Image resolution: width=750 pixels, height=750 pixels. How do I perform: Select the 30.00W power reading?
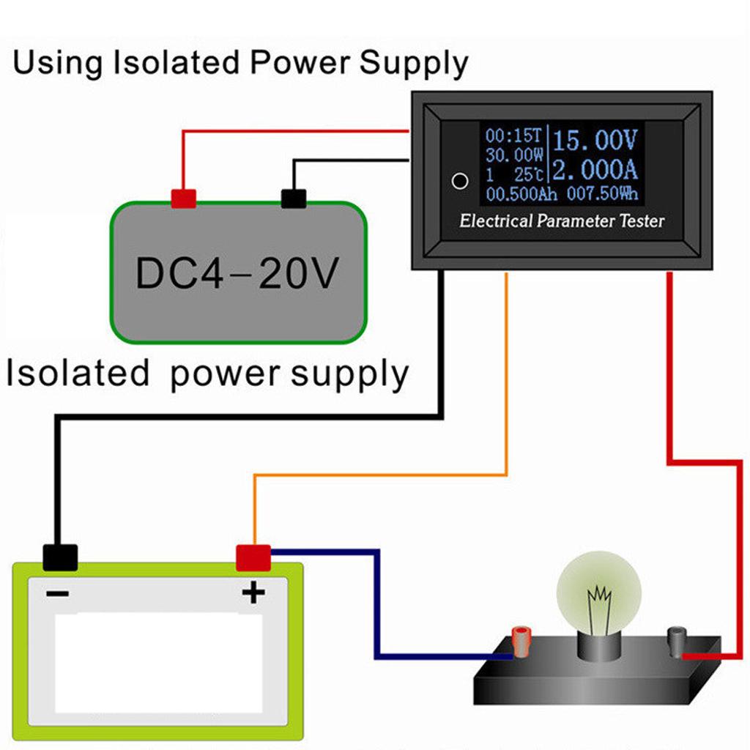pyautogui.click(x=513, y=155)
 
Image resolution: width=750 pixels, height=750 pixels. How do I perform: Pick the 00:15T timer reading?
pyautogui.click(x=513, y=135)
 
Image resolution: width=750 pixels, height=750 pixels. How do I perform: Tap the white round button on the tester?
pyautogui.click(x=460, y=181)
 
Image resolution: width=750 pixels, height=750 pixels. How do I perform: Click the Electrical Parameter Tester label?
pyautogui.click(x=562, y=220)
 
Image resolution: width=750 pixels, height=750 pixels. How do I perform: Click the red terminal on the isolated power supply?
pyautogui.click(x=183, y=198)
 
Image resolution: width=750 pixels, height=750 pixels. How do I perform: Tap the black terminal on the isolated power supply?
pyautogui.click(x=294, y=198)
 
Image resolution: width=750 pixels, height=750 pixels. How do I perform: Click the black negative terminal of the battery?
pyautogui.click(x=60, y=557)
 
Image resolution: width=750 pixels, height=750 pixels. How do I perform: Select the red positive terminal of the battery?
pyautogui.click(x=253, y=557)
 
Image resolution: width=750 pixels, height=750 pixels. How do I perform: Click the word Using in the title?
pyautogui.click(x=58, y=64)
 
